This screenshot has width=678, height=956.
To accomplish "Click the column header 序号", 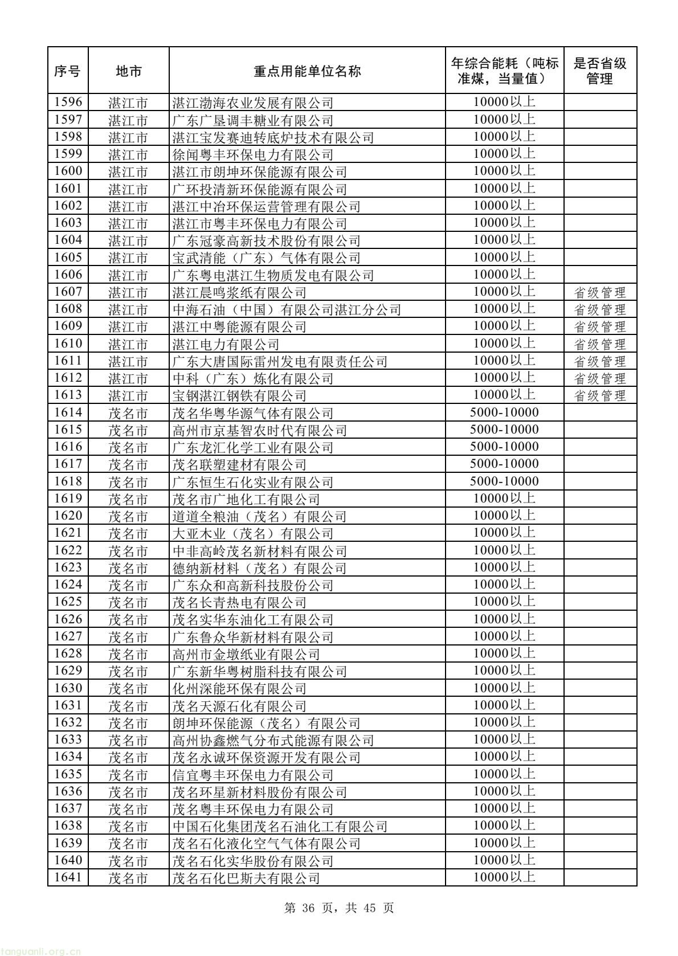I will pos(68,71).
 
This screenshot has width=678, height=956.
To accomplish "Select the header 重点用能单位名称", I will pos(307,71).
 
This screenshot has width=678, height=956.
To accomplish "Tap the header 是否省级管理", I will pos(599,71).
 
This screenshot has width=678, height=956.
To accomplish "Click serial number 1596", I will pos(68,103).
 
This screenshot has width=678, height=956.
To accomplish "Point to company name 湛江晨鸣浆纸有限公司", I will pos(239,293).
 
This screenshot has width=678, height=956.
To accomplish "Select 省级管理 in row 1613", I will pos(599,396).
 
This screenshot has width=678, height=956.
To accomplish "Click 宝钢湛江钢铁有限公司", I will pos(239,396).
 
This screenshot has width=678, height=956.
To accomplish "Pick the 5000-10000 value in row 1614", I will pos(504,412).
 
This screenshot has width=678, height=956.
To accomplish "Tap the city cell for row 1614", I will pos(128,414).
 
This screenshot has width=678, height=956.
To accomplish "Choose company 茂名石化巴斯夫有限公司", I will pos(246,878).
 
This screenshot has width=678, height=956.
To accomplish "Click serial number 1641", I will pos(68,877).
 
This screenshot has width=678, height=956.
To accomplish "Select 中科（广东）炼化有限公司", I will pos(253,379).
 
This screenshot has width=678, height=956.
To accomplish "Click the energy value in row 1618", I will pos(504,481).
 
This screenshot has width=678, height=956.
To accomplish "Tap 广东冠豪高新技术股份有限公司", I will pos(267,241).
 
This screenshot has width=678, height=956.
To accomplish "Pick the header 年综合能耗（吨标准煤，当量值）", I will pos(504,71).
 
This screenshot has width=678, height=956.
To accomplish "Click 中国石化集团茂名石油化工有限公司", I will pos(280,827).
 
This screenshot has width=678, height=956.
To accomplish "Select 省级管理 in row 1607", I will pos(599,293).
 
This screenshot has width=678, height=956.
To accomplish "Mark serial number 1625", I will pos(68,602).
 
